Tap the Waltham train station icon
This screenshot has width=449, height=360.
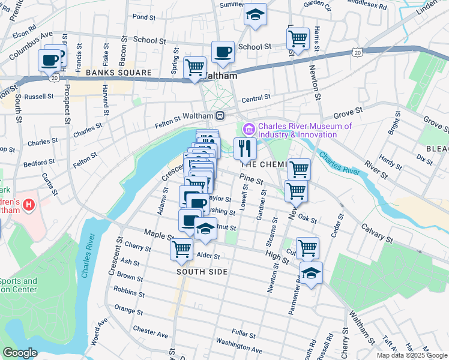(x=221, y=115)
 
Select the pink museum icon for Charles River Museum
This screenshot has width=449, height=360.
(x=249, y=129)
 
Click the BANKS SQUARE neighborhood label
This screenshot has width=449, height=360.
(x=118, y=73)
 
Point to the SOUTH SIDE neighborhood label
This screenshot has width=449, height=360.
(x=202, y=272)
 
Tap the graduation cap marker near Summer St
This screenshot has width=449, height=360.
(x=255, y=14)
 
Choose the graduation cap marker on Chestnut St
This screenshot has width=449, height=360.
(x=205, y=229)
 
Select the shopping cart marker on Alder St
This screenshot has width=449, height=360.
(x=181, y=248)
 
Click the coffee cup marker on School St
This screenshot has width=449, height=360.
(x=223, y=52)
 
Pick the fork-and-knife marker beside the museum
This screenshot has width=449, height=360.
(x=245, y=148)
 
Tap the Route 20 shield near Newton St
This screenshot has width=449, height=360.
(x=357, y=53)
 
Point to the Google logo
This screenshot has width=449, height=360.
(x=20, y=352)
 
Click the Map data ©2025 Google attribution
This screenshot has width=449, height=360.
(x=411, y=355)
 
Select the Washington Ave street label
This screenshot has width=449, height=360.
(x=239, y=346)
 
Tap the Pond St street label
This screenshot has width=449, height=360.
(x=143, y=17)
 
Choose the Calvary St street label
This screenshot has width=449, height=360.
(x=377, y=233)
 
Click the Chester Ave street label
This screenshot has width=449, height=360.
(x=151, y=331)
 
